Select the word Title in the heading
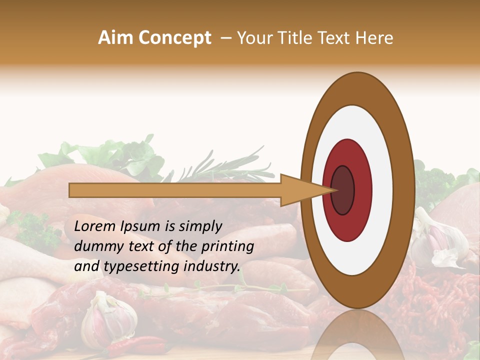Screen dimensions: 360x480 [x=290, y=38]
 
